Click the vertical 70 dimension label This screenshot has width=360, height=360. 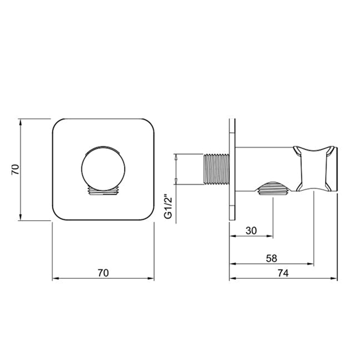pos(15,169)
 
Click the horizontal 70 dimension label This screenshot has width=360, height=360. pos(103,273)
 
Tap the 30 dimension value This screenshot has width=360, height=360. pos(251,230)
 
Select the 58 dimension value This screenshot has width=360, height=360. pos(272,258)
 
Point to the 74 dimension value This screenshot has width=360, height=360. pos(283,273)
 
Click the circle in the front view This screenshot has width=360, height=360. pos(103,169)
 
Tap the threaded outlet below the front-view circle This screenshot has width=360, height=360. pos(103,190)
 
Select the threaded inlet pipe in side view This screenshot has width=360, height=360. pos(217,169)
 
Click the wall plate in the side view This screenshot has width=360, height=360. pos(232,169)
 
